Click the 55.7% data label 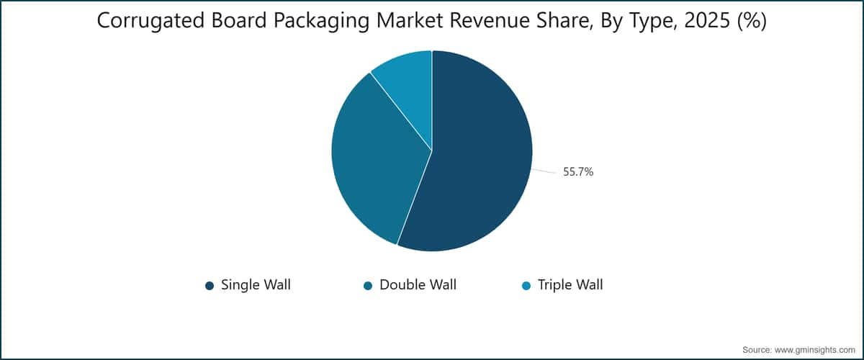pyautogui.click(x=578, y=171)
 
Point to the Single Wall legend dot pyautogui.click(x=210, y=286)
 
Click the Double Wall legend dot pyautogui.click(x=368, y=286)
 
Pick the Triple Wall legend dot pyautogui.click(x=526, y=286)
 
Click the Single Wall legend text pyautogui.click(x=256, y=285)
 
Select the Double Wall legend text pyautogui.click(x=418, y=285)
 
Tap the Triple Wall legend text pyautogui.click(x=570, y=285)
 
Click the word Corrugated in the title pyautogui.click(x=150, y=21)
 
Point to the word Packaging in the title pyautogui.click(x=321, y=21)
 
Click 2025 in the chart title pyautogui.click(x=707, y=20)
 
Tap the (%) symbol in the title pyautogui.click(x=752, y=21)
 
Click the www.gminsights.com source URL pyautogui.click(x=814, y=350)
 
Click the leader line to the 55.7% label pyautogui.click(x=544, y=171)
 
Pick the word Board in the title pyautogui.click(x=239, y=20)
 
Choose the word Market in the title pyautogui.click(x=409, y=20)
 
